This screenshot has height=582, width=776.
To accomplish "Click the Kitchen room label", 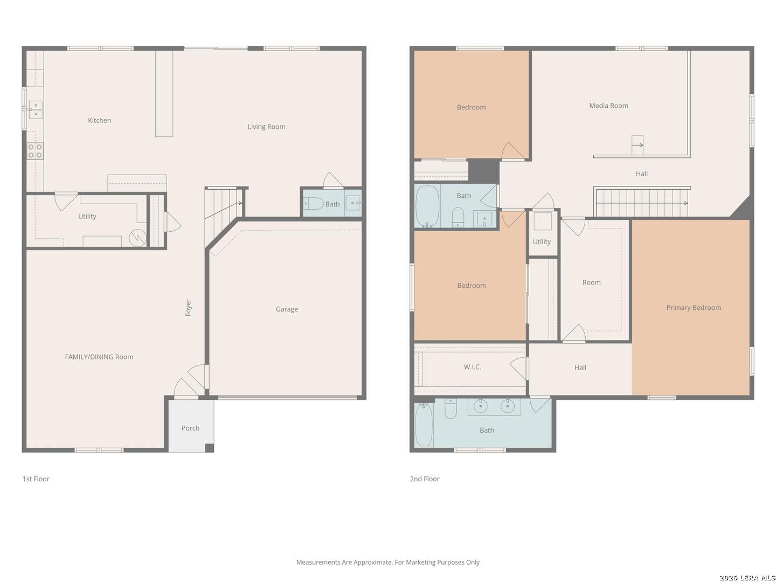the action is pyautogui.click(x=99, y=121).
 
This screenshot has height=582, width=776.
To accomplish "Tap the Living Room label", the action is pyautogui.click(x=266, y=127).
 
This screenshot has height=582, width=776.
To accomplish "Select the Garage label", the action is pyautogui.click(x=287, y=309).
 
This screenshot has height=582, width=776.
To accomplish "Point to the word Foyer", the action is pyautogui.click(x=188, y=307).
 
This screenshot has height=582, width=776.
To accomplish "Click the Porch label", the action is pyautogui.click(x=190, y=428).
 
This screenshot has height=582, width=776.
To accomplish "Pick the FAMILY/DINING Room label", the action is pyautogui.click(x=99, y=357).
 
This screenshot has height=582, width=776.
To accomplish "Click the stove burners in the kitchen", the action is pyautogui.click(x=36, y=151).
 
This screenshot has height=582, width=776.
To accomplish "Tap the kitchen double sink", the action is pyautogui.click(x=36, y=109).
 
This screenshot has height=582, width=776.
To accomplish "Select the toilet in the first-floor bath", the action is pyautogui.click(x=314, y=204).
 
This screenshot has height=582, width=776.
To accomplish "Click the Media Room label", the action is pyautogui.click(x=608, y=106).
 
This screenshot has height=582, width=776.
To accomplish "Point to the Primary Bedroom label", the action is pyautogui.click(x=694, y=308).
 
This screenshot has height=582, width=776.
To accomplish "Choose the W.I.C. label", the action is pyautogui.click(x=472, y=367).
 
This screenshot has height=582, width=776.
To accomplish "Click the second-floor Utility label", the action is pyautogui.click(x=542, y=242).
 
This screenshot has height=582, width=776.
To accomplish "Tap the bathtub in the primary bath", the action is pyautogui.click(x=424, y=425).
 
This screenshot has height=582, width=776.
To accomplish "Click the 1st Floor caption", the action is pyautogui.click(x=36, y=479).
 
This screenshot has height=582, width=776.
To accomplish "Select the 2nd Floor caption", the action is pyautogui.click(x=424, y=479).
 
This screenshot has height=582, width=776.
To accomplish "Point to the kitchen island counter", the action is pyautogui.click(x=164, y=94).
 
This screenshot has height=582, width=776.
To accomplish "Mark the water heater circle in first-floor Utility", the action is pyautogui.click(x=137, y=238).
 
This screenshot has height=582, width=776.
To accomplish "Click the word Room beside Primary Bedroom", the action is pyautogui.click(x=591, y=282).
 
